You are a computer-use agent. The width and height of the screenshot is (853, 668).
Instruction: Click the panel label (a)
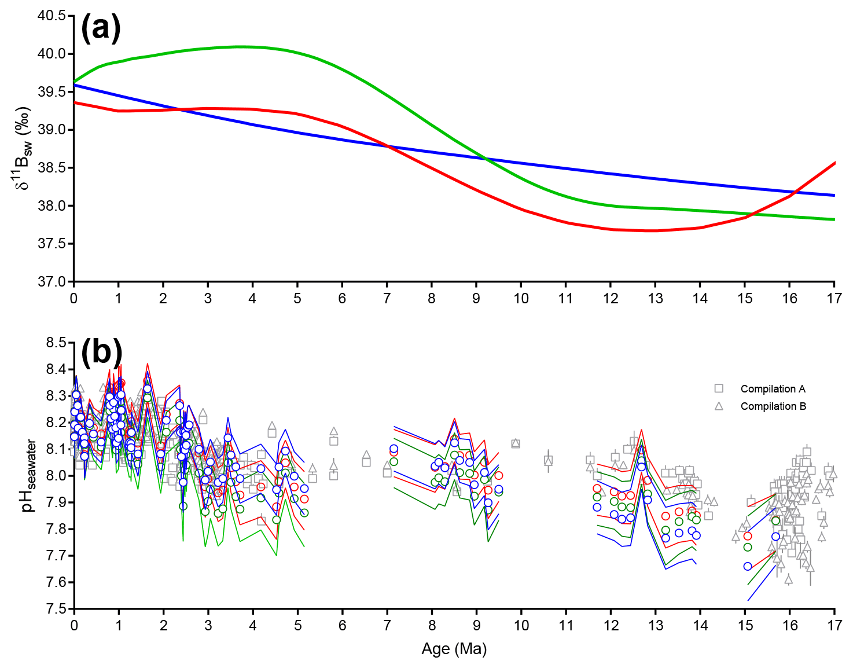pos(101,28)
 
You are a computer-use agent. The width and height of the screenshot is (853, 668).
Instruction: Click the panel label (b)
pos(101,352)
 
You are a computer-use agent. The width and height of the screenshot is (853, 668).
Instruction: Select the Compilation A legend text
pos(773,389)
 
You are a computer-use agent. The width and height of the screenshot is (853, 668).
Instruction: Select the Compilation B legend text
pos(773,406)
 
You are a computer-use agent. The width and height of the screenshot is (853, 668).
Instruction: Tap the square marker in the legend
pos(719,388)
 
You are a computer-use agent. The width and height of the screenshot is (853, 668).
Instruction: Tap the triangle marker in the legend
pos(719,406)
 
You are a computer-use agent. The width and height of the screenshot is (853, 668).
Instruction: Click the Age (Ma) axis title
pos(454,649)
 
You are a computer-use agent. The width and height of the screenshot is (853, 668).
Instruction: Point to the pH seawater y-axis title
pos(29,476)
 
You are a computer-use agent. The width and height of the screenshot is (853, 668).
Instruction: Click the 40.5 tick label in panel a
pos(52,16)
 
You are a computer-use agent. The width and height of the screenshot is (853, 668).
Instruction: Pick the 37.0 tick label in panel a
pos(52,282)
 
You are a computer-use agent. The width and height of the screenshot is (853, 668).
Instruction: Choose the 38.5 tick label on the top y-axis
pos(52,168)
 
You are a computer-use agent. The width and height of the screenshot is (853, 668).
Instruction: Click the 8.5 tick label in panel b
pos(56,343)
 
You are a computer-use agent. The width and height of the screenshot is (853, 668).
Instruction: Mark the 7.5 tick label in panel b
pos(56,609)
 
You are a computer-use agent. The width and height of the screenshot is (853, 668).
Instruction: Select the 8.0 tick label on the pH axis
pos(56,476)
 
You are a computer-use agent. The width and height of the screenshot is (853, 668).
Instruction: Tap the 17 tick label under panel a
pos(834,299)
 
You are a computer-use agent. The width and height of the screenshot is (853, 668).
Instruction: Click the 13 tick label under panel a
pos(655,299)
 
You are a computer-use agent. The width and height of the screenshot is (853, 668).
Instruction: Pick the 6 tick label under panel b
pos(342,626)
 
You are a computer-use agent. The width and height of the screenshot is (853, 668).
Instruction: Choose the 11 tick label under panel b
pos(565,626)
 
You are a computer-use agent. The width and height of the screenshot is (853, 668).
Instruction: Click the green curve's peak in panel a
pos(240,46)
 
